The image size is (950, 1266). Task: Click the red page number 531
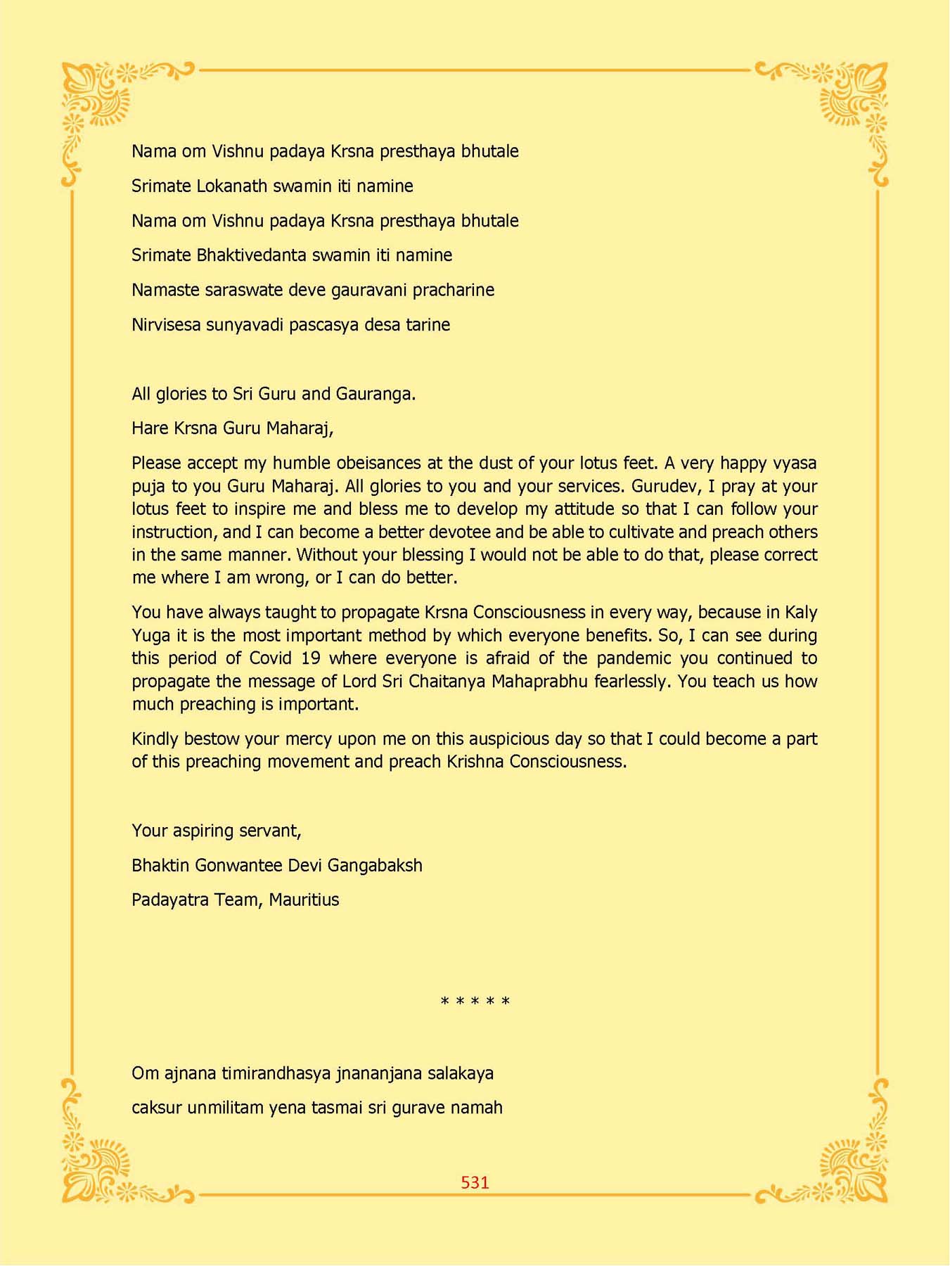475,1182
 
